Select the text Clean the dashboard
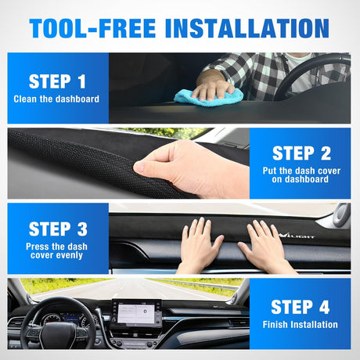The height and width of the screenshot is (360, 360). pyautogui.click(x=56, y=99)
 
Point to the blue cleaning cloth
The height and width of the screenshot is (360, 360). pyautogui.click(x=206, y=97)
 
